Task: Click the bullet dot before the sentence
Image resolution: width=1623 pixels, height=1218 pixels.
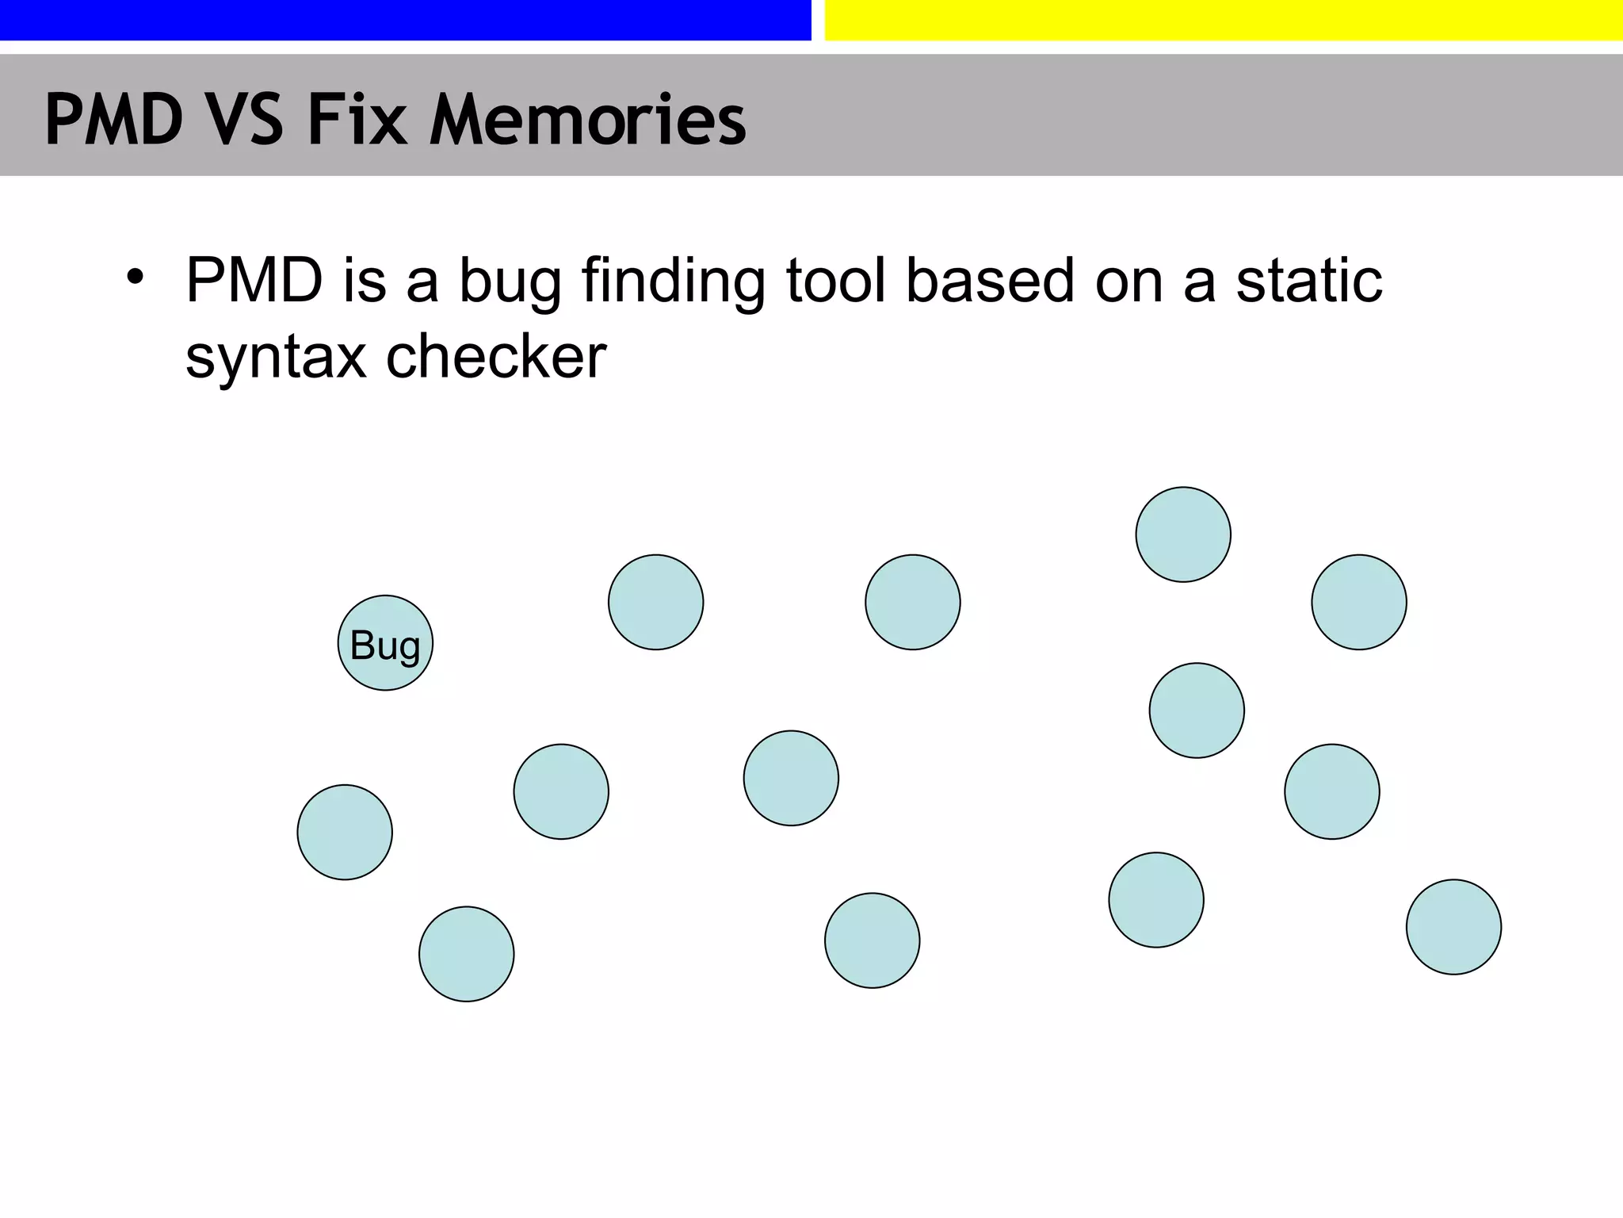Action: [136, 278]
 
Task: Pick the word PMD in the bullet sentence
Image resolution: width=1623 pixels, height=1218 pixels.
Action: [254, 281]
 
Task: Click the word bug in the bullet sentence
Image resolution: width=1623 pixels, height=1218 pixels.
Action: [510, 284]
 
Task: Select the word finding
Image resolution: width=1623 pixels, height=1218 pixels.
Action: [673, 284]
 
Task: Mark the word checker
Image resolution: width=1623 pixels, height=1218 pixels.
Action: [496, 357]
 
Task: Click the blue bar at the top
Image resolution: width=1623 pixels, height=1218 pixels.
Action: [405, 20]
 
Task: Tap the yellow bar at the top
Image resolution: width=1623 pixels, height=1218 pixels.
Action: [1224, 20]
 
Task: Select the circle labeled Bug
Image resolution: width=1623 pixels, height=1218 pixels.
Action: [385, 643]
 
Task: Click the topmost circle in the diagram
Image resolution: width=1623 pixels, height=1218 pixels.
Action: [1183, 534]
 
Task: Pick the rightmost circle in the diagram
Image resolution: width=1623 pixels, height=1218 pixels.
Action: [1453, 927]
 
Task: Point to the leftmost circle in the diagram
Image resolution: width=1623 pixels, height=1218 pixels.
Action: [345, 833]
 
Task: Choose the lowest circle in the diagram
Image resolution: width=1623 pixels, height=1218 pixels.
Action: [467, 954]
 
